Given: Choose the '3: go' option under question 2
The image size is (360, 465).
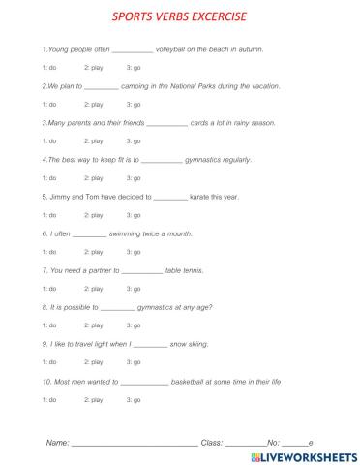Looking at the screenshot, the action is (x=134, y=103).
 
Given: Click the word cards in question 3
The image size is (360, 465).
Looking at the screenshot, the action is (x=202, y=123).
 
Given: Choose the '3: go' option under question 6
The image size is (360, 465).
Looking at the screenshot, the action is (x=134, y=251).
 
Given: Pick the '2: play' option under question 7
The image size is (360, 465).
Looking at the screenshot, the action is (x=94, y=288).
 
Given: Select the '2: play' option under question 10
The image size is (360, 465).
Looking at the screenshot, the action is (x=94, y=399).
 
